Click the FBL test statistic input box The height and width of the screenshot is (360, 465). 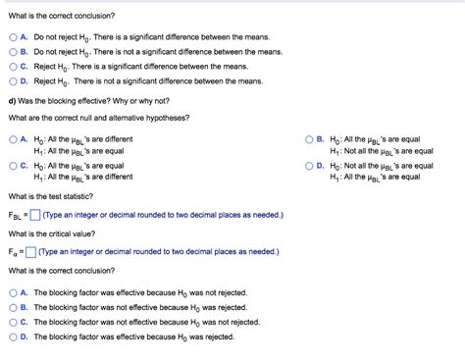point(34,216)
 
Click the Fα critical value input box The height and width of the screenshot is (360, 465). point(30,251)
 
